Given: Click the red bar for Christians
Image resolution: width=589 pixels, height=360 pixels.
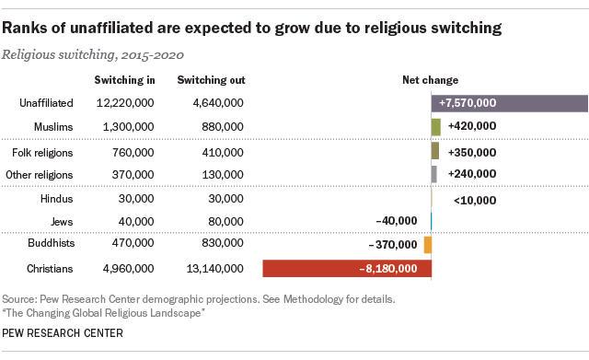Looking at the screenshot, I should (313, 269).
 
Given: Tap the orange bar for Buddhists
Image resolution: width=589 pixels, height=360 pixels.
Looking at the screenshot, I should (428, 245).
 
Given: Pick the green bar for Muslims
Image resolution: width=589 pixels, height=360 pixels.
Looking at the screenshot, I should (436, 126).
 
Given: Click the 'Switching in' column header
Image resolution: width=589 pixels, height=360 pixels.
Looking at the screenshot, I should (124, 80).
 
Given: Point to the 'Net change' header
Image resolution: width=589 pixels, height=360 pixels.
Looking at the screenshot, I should (431, 80).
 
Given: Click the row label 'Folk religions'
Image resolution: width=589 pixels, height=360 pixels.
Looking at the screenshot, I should (42, 151).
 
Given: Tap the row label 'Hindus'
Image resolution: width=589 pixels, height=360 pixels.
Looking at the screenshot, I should (56, 198).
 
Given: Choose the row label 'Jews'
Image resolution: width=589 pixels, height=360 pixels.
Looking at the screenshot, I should (61, 221).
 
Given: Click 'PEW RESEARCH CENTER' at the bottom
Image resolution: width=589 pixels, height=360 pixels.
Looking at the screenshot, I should (63, 333).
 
